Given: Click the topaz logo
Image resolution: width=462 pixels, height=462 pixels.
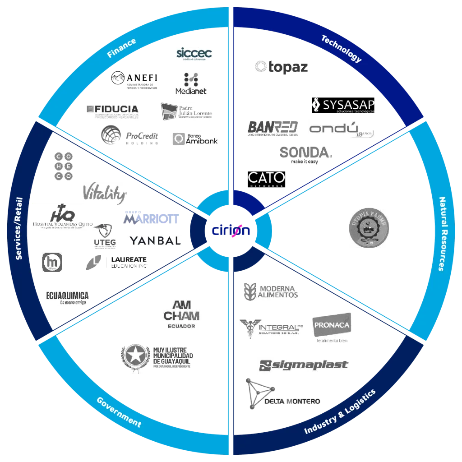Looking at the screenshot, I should click(282, 67).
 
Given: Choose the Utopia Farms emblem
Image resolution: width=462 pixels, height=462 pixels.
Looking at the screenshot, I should click(368, 227).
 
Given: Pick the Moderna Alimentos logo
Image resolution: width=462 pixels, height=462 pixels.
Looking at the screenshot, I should click(271, 292).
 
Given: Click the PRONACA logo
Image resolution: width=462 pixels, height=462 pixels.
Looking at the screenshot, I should click(330, 328).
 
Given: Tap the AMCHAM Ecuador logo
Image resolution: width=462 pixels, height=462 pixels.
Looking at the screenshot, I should click(182, 314).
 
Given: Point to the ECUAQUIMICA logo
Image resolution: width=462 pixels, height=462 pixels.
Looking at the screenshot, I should click(67, 298).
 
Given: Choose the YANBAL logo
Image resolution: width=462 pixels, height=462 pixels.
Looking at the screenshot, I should click(155, 241).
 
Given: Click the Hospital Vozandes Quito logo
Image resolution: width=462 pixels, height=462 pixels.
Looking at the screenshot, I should click(63, 217).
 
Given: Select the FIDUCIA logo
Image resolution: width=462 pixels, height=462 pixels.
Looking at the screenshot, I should click(112, 111).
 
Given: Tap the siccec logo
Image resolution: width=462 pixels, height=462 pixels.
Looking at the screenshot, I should click(193, 55).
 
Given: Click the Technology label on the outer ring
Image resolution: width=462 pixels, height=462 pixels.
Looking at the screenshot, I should click(342, 48).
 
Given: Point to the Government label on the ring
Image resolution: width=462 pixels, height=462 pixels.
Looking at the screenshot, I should click(119, 412).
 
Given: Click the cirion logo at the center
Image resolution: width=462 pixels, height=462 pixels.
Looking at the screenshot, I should click(231, 231).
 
